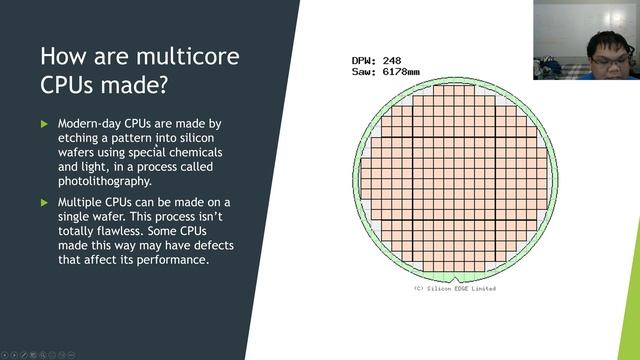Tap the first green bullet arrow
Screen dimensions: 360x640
44,124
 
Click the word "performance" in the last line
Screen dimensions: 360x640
170,260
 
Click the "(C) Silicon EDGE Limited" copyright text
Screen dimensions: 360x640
454,289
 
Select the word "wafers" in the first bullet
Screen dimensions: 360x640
82,152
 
